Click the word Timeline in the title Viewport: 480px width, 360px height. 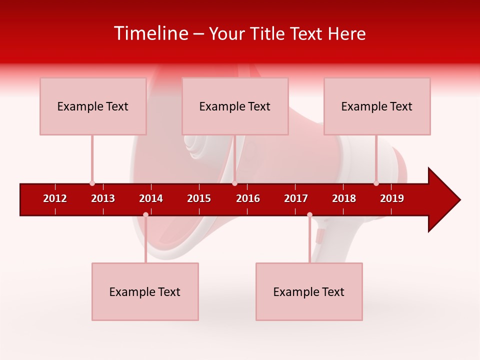click(x=151, y=33)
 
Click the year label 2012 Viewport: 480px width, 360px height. click(x=55, y=198)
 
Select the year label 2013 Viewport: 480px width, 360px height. click(x=103, y=198)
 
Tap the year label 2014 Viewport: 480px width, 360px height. click(x=151, y=198)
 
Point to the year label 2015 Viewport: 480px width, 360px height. click(x=199, y=198)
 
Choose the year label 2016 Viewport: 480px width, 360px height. click(x=248, y=198)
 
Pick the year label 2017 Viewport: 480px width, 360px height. click(x=296, y=198)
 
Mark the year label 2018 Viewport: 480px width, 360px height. click(x=344, y=198)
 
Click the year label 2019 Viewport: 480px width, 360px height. click(x=392, y=198)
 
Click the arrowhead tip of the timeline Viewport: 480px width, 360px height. click(x=459, y=200)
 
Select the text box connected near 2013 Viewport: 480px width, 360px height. click(x=93, y=106)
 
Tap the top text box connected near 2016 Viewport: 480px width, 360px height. click(x=235, y=106)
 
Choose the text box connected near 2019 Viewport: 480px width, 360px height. click(x=377, y=106)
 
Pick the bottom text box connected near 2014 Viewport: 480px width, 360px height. click(x=145, y=291)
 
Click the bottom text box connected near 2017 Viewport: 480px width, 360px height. click(x=309, y=291)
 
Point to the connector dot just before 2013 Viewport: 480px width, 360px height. click(x=92, y=183)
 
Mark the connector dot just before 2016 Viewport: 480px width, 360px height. click(x=235, y=183)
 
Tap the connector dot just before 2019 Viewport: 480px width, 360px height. click(x=376, y=183)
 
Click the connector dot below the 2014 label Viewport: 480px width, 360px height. click(x=145, y=215)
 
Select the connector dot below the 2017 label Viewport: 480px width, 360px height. click(x=309, y=215)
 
